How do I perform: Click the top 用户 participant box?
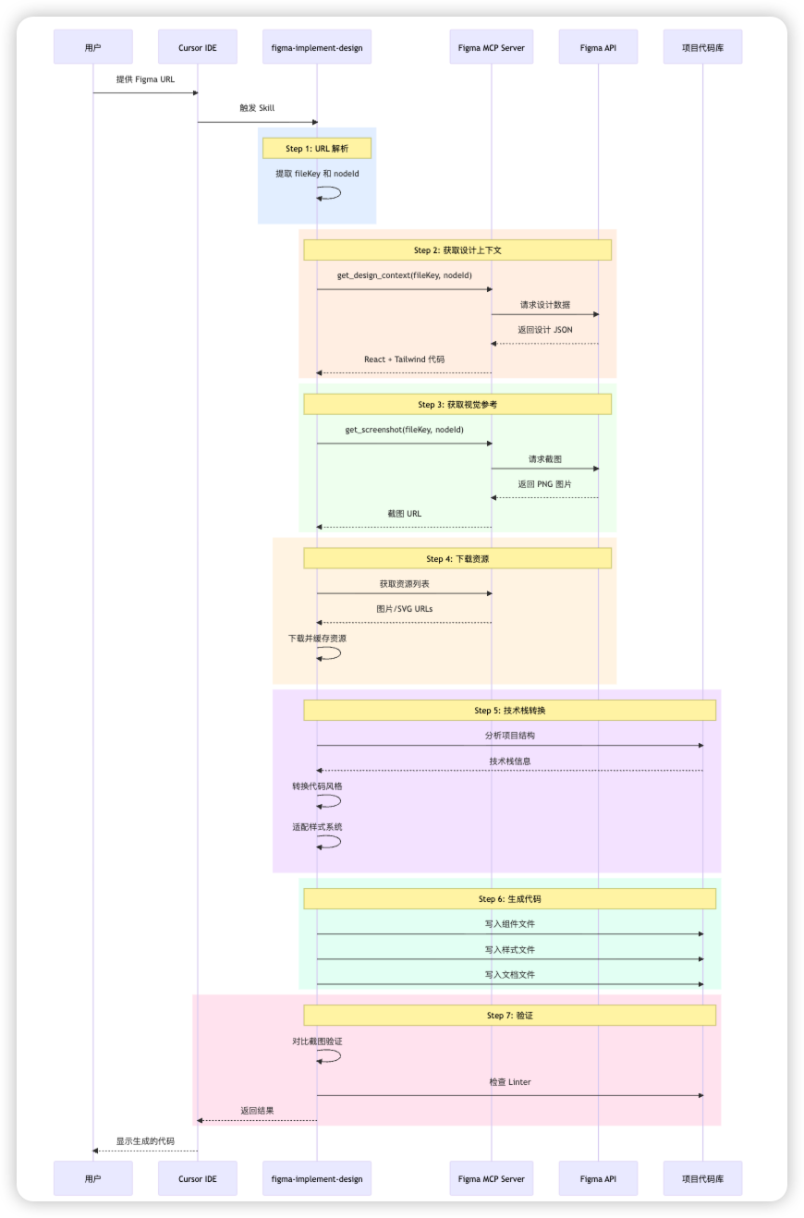(92, 47)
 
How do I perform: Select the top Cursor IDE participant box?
(197, 47)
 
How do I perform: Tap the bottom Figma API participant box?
(598, 1178)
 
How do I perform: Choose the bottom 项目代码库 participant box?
(702, 1178)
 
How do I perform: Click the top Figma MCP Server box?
(491, 47)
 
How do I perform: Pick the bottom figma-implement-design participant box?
(317, 1178)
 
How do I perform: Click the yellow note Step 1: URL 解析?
(317, 148)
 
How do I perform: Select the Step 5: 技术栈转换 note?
(510, 710)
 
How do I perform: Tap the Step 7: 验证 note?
(510, 1015)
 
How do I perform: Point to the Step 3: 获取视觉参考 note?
(457, 404)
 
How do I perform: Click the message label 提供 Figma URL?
(145, 79)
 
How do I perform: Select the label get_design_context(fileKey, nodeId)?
(404, 275)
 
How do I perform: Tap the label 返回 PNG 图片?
(544, 484)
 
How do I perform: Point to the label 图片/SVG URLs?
(404, 609)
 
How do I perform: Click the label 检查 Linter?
(510, 1081)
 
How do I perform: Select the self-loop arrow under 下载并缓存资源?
(331, 653)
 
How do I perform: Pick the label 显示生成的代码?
(145, 1140)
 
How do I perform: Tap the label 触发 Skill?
(257, 108)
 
